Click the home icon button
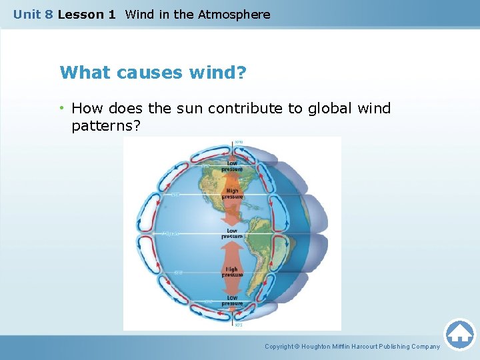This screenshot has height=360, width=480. click(460, 334)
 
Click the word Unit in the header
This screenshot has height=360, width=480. click(27, 14)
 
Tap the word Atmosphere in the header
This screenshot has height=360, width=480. click(234, 14)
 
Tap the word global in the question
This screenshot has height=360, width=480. click(320, 108)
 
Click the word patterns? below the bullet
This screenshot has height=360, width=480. click(105, 125)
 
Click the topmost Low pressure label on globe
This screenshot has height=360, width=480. click(232, 166)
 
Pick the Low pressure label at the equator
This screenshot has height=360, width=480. click(232, 233)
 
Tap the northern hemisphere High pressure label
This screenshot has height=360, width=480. click(232, 194)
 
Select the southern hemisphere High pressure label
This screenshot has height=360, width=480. click(232, 272)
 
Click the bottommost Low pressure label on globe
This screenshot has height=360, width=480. click(232, 301)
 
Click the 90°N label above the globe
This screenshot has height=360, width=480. click(239, 141)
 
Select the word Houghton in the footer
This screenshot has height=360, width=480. click(320, 347)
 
